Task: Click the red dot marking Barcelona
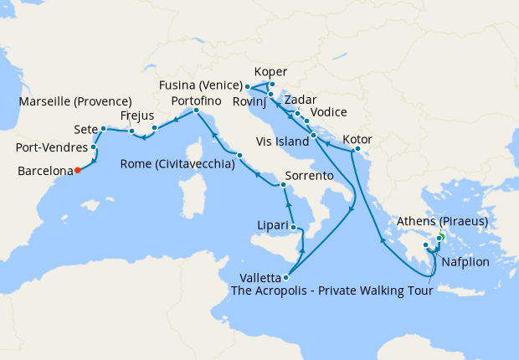(x=77, y=170)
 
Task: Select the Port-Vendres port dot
(x=94, y=148)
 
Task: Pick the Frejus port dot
(x=154, y=128)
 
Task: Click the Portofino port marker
(x=196, y=111)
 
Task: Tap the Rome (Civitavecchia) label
(x=177, y=164)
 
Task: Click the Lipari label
(x=274, y=225)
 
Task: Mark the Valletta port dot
(x=286, y=277)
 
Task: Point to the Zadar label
(x=301, y=100)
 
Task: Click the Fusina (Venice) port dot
(x=248, y=86)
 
